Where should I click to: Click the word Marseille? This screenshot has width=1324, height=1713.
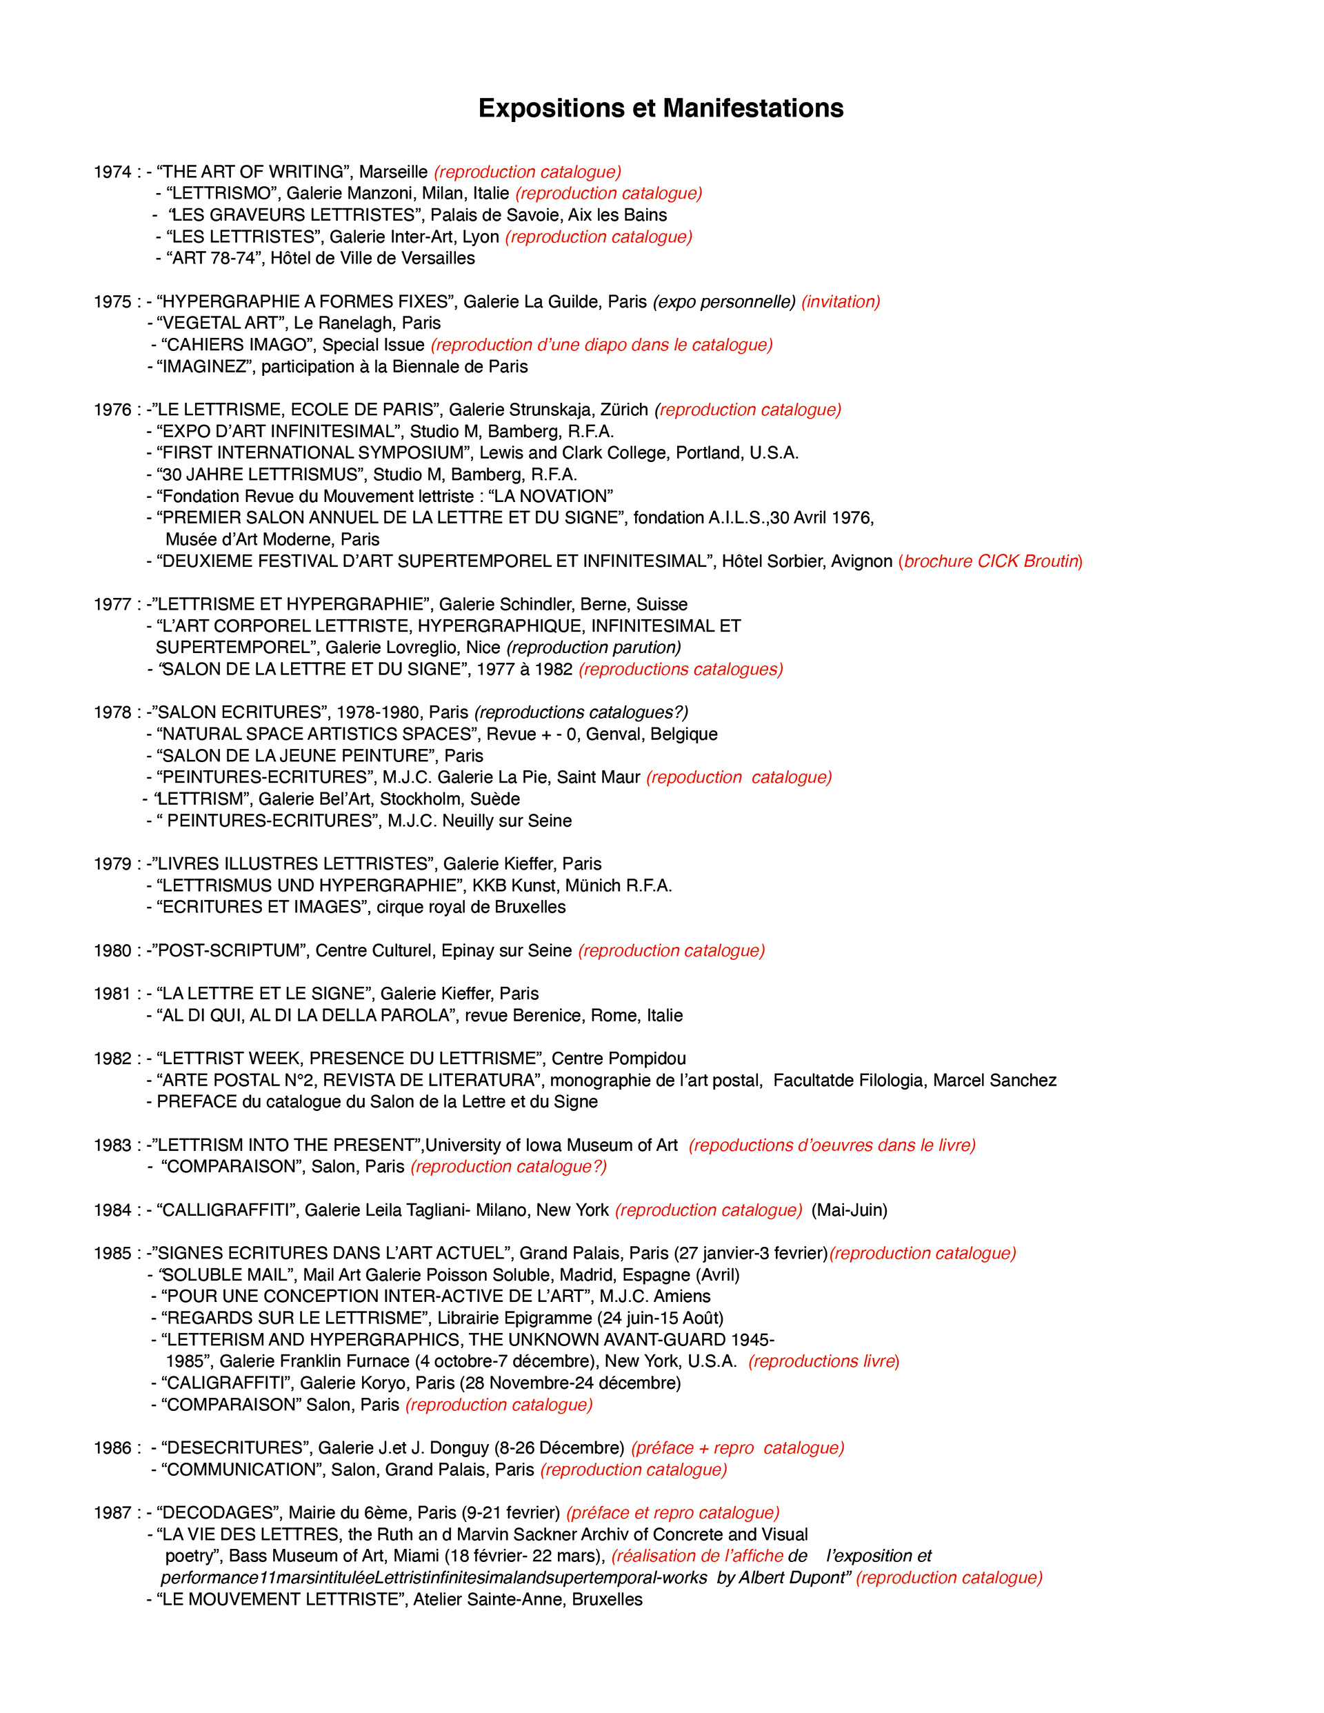393,172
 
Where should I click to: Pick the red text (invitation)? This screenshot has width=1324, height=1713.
841,302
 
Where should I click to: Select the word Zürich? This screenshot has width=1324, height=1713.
624,410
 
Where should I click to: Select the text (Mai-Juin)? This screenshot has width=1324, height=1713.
850,1210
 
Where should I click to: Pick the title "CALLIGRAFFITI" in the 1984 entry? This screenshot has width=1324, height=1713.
226,1210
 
